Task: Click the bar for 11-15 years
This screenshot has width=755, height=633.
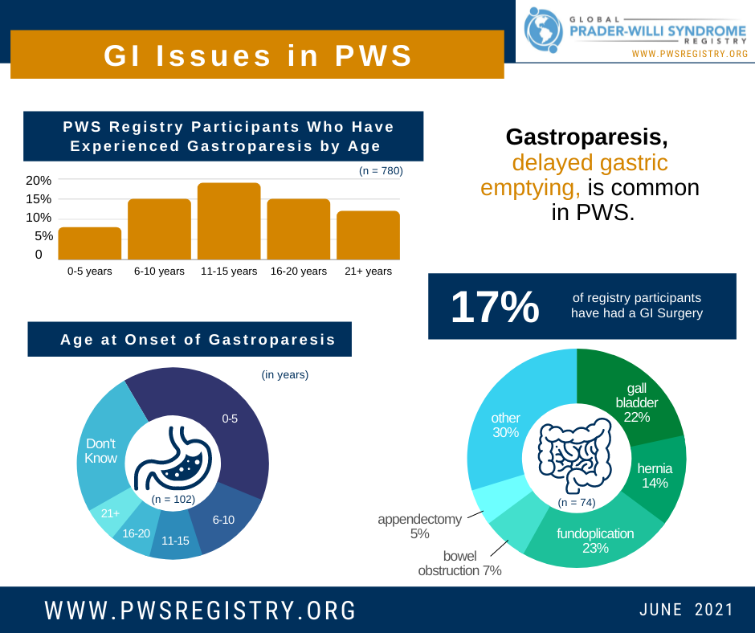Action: tap(229, 221)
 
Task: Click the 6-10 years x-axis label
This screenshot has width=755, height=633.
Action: tap(159, 272)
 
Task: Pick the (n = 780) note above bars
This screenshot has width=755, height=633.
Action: tap(381, 171)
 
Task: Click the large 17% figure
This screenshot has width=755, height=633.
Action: tap(495, 308)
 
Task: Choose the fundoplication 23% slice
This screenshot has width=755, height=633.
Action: tap(594, 534)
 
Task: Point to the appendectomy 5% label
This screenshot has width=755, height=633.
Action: tap(420, 526)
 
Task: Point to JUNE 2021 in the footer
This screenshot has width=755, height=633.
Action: tap(686, 610)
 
